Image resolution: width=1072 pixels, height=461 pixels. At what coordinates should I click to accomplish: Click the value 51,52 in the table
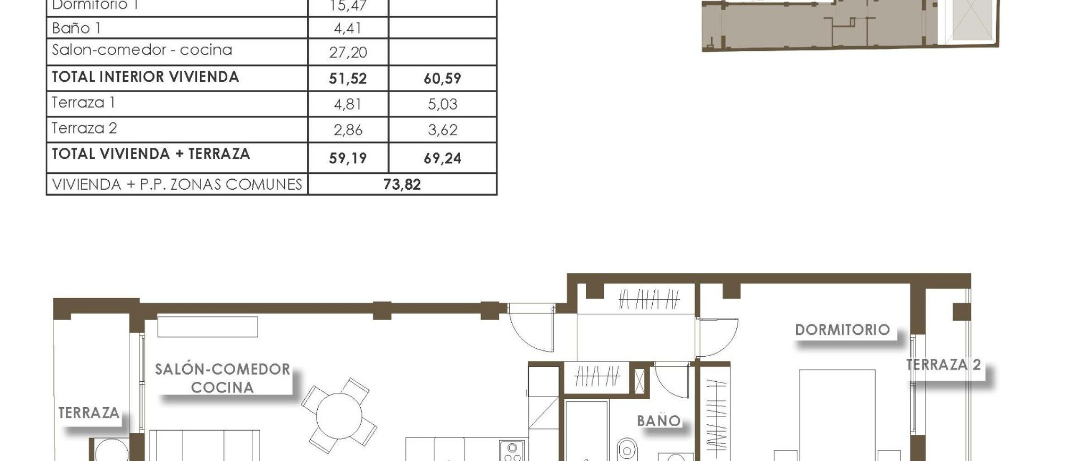click(348, 79)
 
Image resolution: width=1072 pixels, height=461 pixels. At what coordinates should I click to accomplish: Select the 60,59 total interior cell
click(442, 79)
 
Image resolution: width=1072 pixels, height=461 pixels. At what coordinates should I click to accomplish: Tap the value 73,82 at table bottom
click(402, 184)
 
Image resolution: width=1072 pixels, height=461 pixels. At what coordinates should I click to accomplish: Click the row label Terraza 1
click(83, 103)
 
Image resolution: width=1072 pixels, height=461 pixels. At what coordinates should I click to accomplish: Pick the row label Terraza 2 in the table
click(84, 128)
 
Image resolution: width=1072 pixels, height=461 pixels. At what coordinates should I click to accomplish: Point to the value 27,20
click(348, 52)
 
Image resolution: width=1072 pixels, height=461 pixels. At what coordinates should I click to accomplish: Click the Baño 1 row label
click(76, 28)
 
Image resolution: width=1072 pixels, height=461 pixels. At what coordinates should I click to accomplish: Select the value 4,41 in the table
click(348, 28)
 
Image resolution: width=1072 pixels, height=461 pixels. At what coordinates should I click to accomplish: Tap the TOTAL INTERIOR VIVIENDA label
click(146, 77)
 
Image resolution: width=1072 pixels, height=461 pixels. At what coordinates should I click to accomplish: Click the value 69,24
click(442, 158)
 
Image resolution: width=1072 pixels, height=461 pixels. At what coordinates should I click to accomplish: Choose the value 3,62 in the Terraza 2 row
click(442, 130)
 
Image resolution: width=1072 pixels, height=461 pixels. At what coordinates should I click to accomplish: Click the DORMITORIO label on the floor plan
click(842, 330)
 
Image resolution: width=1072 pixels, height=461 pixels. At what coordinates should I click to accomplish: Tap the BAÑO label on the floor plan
click(658, 421)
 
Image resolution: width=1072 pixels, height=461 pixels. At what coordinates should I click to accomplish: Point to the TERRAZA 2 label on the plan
click(943, 365)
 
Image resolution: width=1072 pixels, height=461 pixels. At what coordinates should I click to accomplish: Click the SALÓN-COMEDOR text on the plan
click(222, 369)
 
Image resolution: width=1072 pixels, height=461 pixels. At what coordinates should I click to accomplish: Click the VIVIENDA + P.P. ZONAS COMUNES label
click(177, 184)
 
